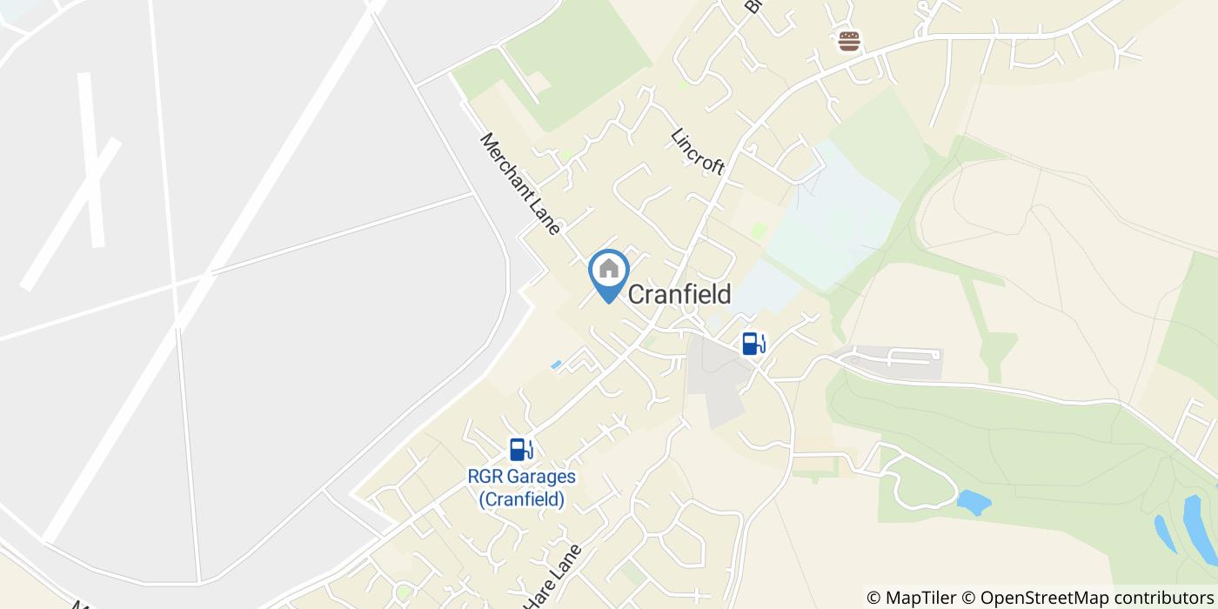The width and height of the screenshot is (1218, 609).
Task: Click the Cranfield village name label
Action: (x=679, y=295)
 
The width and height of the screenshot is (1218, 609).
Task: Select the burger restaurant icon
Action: (x=849, y=41)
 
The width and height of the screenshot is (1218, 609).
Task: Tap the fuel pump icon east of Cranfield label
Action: (x=753, y=344)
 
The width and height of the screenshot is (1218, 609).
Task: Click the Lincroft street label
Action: (x=698, y=151)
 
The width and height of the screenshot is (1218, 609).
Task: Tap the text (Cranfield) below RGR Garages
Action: (x=521, y=499)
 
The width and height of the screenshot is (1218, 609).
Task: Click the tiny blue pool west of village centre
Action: (x=556, y=365)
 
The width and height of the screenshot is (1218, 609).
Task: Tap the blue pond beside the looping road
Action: (x=974, y=502)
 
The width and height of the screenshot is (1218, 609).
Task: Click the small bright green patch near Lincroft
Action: (x=759, y=231)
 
